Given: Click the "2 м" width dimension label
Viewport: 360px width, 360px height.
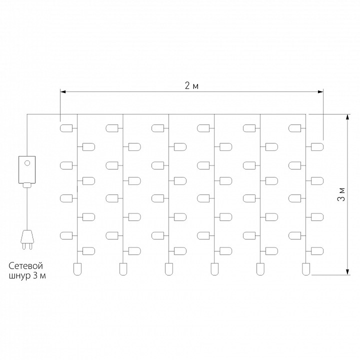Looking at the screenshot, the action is pos(191,86).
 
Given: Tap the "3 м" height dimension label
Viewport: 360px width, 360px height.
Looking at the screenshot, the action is pos(341,194).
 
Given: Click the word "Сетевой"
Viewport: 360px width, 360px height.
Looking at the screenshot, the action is pos(25,266).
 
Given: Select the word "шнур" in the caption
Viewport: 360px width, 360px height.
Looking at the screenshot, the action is pos(20,275).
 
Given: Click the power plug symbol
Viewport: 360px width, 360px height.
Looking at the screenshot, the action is pos(27,239).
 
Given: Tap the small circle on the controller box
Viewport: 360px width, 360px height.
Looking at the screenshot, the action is pos(27,163).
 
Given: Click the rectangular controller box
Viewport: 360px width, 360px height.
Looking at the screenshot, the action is pos(27,169).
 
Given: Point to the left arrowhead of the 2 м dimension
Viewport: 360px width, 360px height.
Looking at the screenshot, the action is pos(63,92).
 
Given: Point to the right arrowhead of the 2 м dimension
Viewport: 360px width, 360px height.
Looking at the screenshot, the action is pos(320,92).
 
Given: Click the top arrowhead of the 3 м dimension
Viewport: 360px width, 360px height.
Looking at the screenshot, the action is pos(347,117).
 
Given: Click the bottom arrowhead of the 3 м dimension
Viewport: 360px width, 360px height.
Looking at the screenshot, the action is pos(347,271).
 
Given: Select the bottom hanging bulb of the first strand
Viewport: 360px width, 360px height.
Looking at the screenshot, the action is pos(77,269).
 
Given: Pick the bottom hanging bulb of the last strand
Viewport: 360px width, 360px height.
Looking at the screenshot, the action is pos(306,269).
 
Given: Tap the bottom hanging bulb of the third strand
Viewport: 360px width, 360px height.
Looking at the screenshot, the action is pos(169,269).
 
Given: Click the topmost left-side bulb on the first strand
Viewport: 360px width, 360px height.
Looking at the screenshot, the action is pos(66,128).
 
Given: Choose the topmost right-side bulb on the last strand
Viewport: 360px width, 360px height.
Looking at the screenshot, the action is pos(317,146).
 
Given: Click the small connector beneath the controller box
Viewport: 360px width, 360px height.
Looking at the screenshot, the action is pos(27,185).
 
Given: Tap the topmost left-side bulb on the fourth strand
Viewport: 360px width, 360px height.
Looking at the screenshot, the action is pos(203,128).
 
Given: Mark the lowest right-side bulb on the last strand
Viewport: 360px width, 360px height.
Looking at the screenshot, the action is pos(317,251).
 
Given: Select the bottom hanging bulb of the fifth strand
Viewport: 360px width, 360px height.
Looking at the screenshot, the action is pos(260,269).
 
